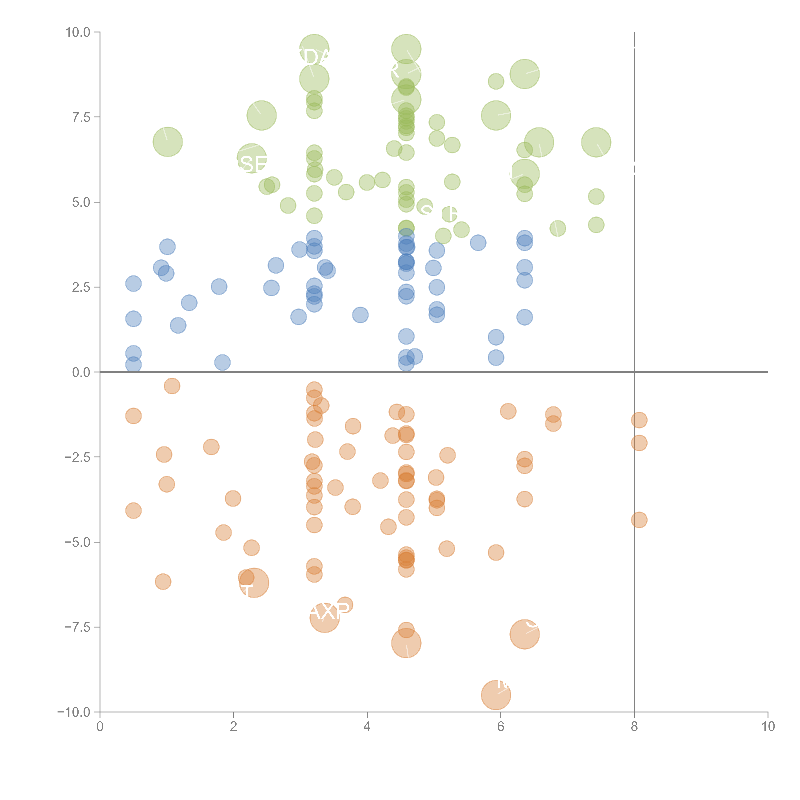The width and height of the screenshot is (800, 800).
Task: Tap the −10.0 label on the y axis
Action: coord(74,712)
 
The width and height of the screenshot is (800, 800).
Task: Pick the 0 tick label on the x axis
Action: coord(100,727)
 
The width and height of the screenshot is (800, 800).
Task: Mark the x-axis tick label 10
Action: coord(768,727)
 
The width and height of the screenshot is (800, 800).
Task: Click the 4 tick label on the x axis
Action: coord(367,727)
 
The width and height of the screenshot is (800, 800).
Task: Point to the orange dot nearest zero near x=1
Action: coord(172,386)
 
